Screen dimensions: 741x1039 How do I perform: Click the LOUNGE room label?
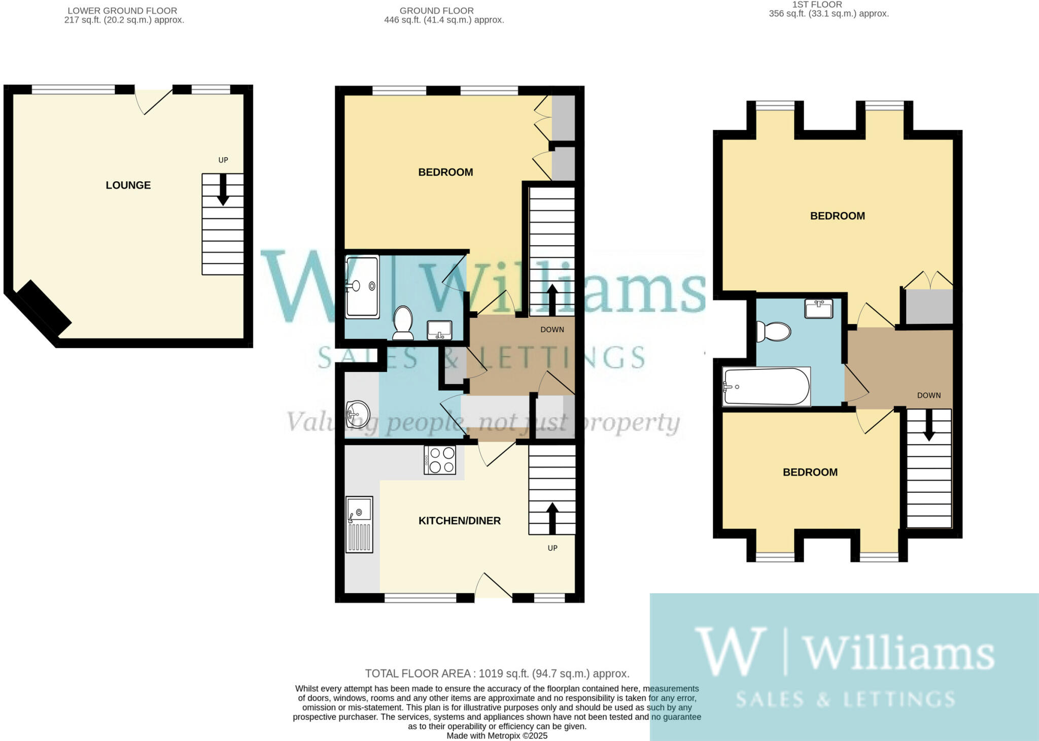(128, 185)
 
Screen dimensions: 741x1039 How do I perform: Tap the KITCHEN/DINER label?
(459, 521)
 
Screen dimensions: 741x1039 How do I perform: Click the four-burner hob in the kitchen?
(440, 460)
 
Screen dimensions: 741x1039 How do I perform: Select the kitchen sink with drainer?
(359, 524)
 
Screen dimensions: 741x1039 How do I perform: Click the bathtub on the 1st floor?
(766, 387)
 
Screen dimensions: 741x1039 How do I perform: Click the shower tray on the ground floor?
(362, 287)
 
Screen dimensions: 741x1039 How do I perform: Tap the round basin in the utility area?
(358, 414)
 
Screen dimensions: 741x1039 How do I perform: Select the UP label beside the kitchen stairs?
(552, 548)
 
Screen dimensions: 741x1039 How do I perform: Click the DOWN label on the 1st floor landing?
(928, 395)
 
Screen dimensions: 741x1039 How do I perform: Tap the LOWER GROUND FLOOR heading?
(122, 11)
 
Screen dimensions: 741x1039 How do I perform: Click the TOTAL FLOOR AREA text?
(497, 673)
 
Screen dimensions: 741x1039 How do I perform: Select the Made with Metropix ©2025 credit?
(497, 735)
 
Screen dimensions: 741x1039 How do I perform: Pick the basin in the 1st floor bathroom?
(818, 309)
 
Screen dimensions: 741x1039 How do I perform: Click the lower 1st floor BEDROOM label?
(810, 473)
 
